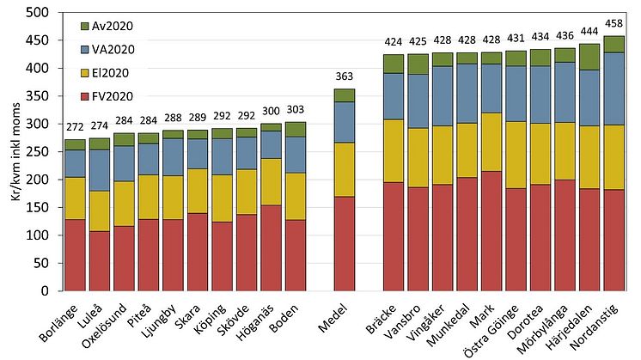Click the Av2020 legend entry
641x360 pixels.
coord(111,26)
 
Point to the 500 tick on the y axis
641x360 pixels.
coord(44,13)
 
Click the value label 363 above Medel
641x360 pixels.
coord(345,78)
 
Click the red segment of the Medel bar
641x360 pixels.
coord(345,243)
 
